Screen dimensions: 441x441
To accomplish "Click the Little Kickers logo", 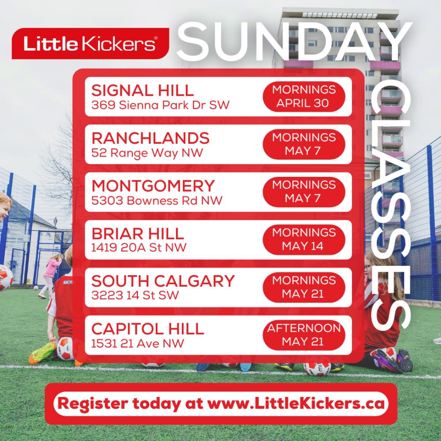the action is click(x=90, y=44).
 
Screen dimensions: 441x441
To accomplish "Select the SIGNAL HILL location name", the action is click(x=142, y=90).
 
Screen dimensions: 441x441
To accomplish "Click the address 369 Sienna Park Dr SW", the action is click(x=161, y=105).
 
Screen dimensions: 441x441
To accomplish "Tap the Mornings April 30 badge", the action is click(x=304, y=97).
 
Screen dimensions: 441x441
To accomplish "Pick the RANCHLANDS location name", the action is click(x=150, y=138).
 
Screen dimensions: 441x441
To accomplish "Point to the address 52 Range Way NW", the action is click(x=147, y=153).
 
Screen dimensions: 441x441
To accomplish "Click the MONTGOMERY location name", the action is click(x=153, y=186).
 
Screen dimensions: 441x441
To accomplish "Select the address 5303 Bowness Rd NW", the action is click(x=157, y=201).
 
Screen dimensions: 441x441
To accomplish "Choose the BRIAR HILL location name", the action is click(x=138, y=233).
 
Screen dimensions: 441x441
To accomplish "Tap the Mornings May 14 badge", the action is click(x=304, y=239).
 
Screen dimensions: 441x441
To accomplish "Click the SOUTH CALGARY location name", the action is click(x=163, y=281).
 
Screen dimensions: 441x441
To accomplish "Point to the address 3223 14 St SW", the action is click(x=135, y=295).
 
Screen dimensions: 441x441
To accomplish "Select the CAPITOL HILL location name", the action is click(x=148, y=329).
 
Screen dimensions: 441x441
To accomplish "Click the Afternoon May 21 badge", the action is click(x=304, y=335).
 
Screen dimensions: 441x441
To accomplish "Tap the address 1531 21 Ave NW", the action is click(x=138, y=343).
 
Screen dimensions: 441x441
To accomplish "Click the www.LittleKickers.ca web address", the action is click(x=296, y=404).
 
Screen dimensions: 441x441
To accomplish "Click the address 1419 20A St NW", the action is click(x=138, y=247).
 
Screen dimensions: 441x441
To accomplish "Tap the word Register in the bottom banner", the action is click(x=92, y=404).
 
